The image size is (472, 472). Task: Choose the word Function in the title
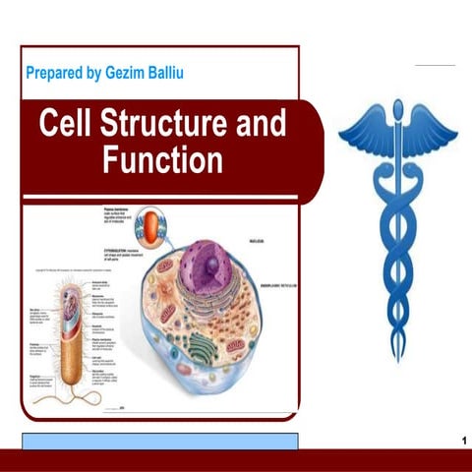coord(162,160)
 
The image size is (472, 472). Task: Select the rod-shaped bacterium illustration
coord(73,334)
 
